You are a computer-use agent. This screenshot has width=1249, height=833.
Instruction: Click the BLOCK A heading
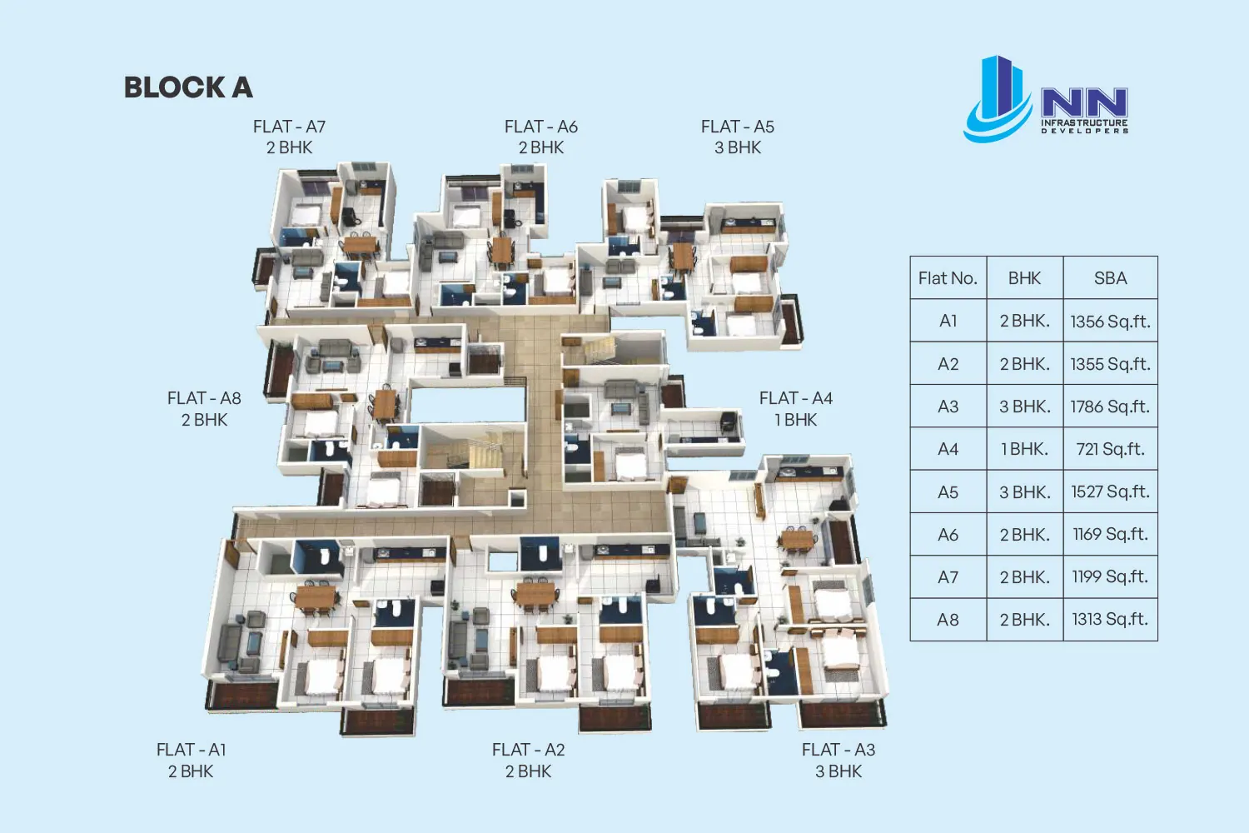click(x=188, y=87)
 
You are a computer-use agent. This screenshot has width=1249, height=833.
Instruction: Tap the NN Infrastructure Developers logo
click(x=1046, y=100)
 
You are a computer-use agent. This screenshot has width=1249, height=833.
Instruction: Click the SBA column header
click(x=1110, y=278)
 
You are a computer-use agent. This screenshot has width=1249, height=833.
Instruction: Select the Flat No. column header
click(x=948, y=278)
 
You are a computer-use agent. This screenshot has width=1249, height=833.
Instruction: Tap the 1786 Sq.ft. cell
click(x=1110, y=407)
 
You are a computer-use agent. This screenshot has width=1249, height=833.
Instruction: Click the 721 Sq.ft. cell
click(x=1110, y=449)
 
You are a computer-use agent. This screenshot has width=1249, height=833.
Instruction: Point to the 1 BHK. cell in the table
click(x=1025, y=449)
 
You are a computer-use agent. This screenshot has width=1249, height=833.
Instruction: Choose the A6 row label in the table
click(x=948, y=535)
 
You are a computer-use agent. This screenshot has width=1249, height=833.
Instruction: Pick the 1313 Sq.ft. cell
click(x=1110, y=619)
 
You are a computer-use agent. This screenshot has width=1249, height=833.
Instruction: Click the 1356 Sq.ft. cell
click(x=1110, y=322)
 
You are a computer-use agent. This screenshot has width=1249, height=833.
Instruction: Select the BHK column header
click(x=1025, y=278)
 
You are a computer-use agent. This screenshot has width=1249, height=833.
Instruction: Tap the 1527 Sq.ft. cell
click(x=1110, y=491)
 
